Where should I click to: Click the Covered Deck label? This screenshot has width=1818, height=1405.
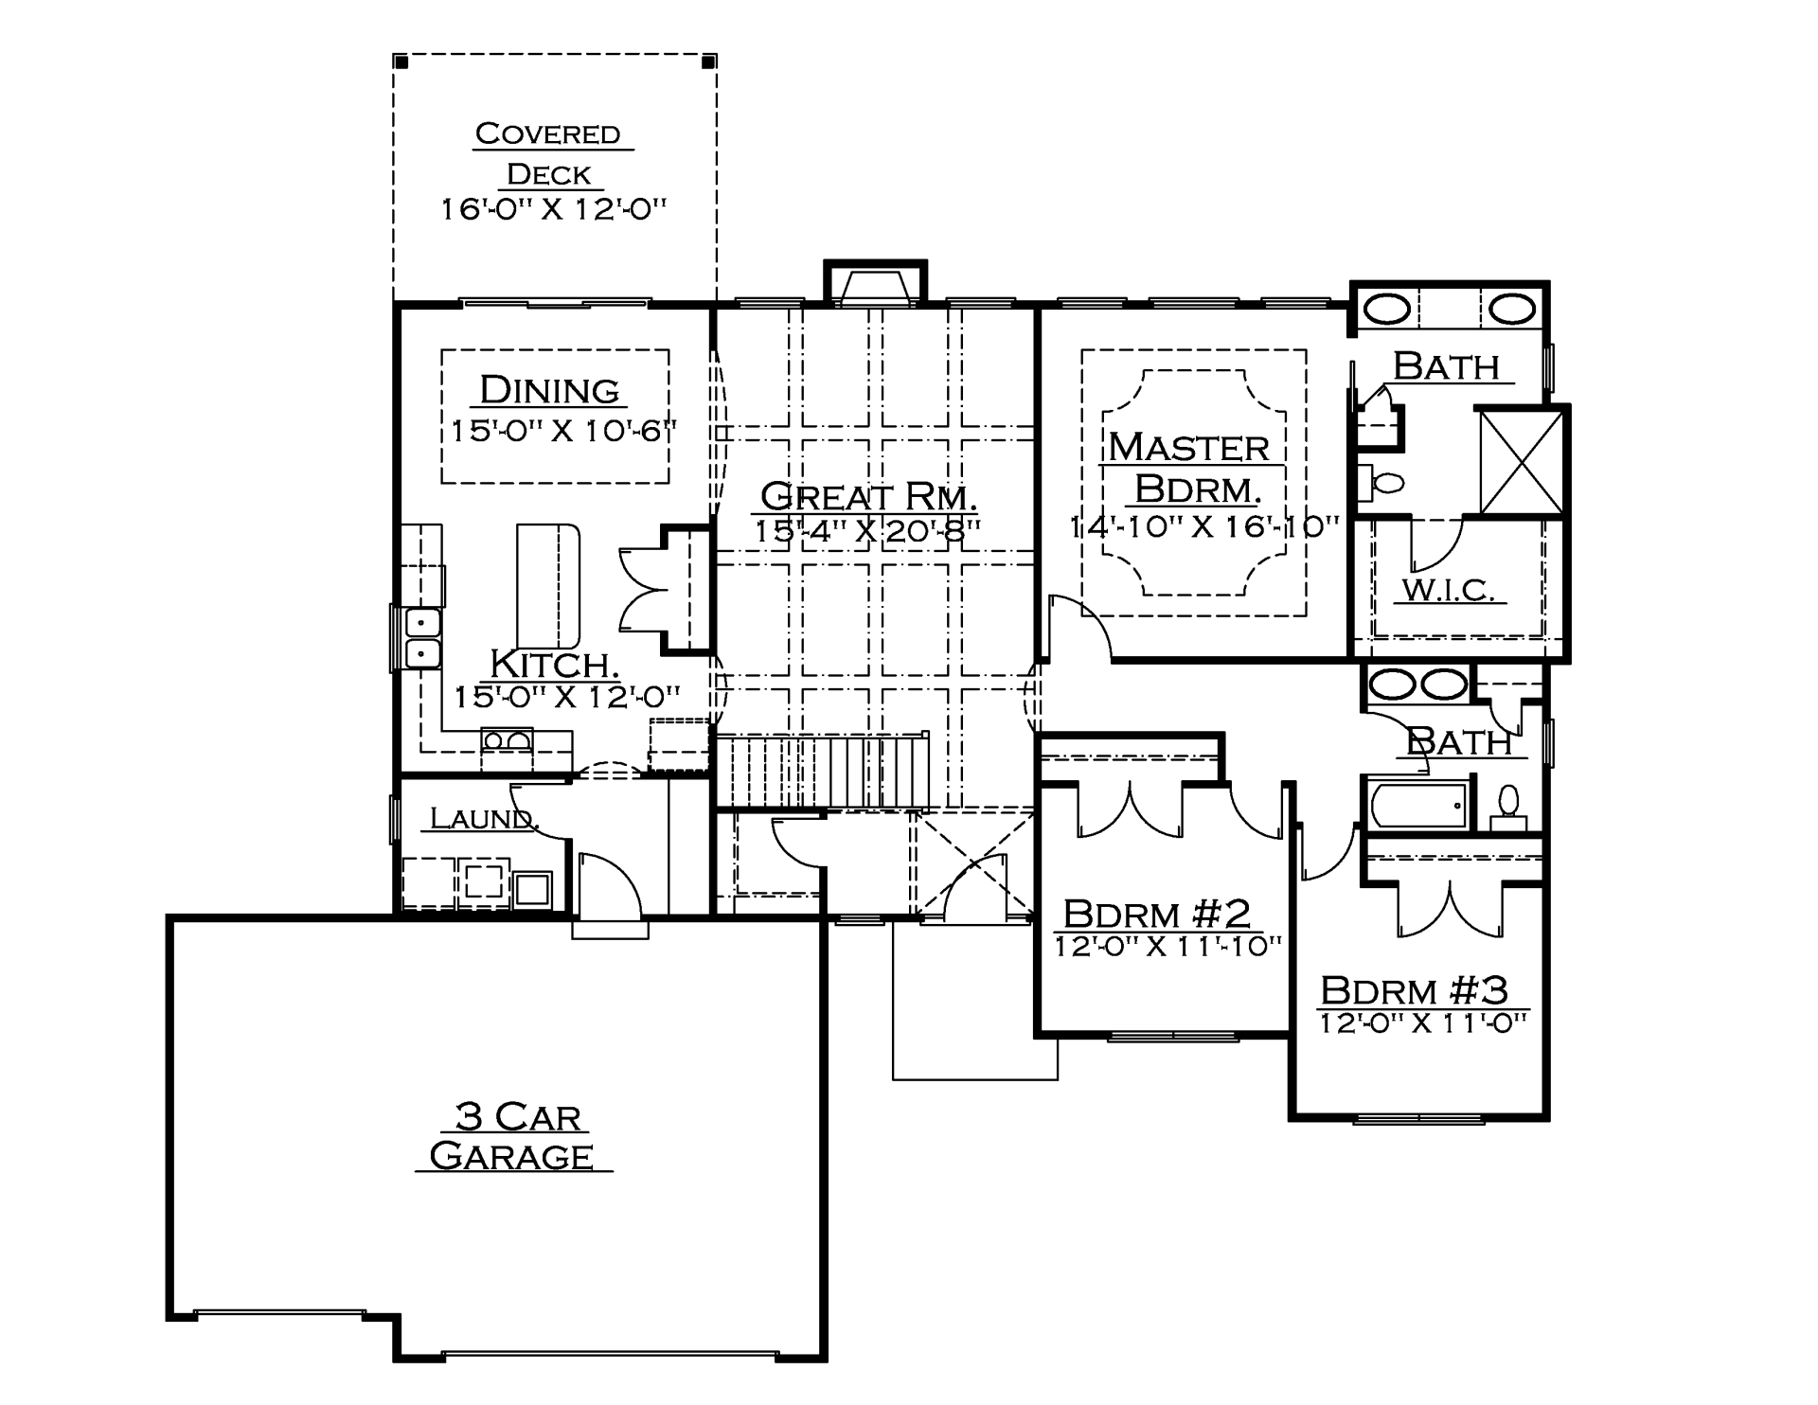pyautogui.click(x=549, y=154)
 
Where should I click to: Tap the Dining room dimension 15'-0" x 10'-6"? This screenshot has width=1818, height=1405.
pyautogui.click(x=564, y=432)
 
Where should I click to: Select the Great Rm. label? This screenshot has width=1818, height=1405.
pyautogui.click(x=868, y=495)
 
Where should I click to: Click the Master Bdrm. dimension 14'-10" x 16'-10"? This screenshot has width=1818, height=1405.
pyautogui.click(x=1205, y=526)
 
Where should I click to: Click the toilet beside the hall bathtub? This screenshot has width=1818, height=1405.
pyautogui.click(x=1508, y=808)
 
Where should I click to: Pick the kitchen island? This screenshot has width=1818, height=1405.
pyautogui.click(x=547, y=585)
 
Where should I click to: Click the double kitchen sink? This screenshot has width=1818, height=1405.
pyautogui.click(x=422, y=638)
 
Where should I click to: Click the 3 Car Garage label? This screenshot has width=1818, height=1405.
pyautogui.click(x=514, y=1136)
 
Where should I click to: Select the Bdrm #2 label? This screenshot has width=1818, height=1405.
pyautogui.click(x=1157, y=914)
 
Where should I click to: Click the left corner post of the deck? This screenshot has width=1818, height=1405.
pyautogui.click(x=401, y=62)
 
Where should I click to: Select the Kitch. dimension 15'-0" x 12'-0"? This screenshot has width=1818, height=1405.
pyautogui.click(x=567, y=698)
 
